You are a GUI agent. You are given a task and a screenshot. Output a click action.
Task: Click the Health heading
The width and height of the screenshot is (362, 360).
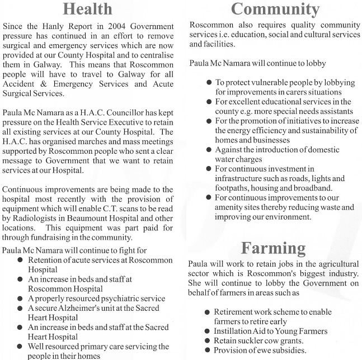coord(87,9)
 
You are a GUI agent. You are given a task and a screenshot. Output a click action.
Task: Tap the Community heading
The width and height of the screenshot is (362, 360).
coord(275,8)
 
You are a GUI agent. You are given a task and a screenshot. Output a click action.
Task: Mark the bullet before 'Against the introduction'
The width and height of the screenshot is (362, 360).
coord(209,150)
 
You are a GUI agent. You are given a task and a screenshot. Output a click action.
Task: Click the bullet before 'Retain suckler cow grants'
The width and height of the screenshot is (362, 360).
coord(208,340)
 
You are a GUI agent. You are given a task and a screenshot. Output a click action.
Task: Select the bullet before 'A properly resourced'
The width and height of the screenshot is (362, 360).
coord(21,299)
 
